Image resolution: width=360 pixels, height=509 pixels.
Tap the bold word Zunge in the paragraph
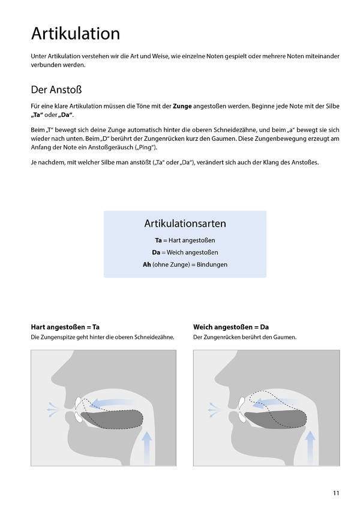pyautogui.click(x=182, y=106)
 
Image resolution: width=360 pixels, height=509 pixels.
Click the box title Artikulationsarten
pyautogui.click(x=185, y=224)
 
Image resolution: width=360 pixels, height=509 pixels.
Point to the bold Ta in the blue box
pyautogui.click(x=158, y=240)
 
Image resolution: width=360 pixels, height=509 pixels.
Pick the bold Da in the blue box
pyautogui.click(x=156, y=252)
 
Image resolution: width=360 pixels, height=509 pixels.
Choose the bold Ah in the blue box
pyautogui.click(x=147, y=264)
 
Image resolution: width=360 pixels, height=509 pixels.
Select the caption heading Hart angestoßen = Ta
pyautogui.click(x=65, y=327)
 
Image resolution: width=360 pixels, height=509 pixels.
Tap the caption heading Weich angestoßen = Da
pyautogui.click(x=231, y=327)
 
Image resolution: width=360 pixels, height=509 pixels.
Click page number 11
pyautogui.click(x=336, y=493)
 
